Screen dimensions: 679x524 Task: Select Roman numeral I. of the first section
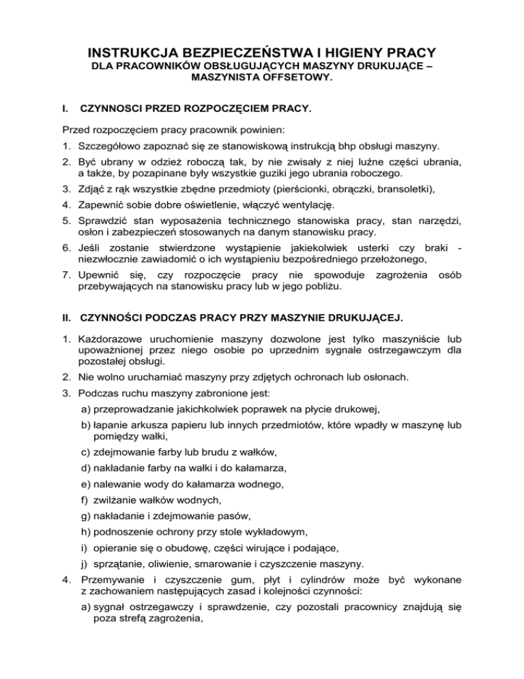click(x=65, y=108)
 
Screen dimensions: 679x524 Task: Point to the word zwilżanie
click(x=119, y=500)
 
